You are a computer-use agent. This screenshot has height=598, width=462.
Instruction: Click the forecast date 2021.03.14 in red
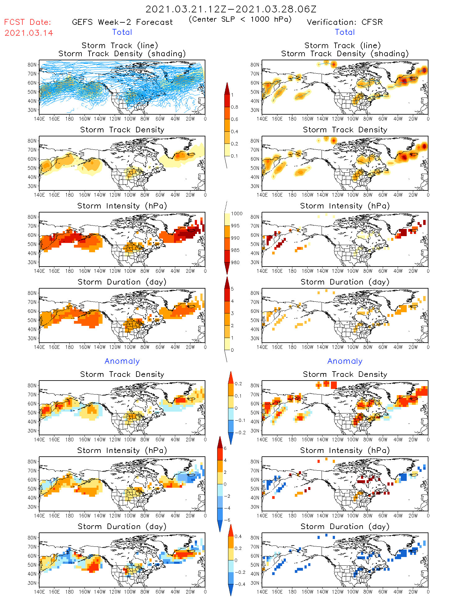[x=29, y=33]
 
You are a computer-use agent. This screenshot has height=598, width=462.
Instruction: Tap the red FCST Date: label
[x=27, y=22]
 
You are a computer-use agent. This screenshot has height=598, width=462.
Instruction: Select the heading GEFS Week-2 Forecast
[x=122, y=22]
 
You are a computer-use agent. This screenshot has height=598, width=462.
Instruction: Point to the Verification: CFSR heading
[x=345, y=22]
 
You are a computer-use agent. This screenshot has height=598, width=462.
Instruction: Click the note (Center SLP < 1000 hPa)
[x=240, y=19]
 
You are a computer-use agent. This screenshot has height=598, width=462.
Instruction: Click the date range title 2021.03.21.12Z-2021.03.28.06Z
[x=231, y=9]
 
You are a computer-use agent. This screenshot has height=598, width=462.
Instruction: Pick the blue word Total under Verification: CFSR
[x=345, y=32]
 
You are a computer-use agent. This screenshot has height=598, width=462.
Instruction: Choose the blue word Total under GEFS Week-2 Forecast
[x=122, y=32]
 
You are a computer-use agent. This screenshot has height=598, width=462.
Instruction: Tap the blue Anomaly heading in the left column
[x=122, y=361]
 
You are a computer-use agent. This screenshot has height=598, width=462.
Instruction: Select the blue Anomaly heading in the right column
[x=345, y=361]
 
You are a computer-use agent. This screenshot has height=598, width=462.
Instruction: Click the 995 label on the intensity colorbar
[x=235, y=226]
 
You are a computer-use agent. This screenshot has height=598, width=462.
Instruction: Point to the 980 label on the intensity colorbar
[x=235, y=262]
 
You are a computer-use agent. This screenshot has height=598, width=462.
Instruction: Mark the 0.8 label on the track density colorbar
[x=235, y=107]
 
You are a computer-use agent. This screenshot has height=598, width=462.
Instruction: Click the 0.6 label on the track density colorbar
[x=235, y=119]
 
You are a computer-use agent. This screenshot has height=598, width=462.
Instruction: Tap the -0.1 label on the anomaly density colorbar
[x=240, y=420]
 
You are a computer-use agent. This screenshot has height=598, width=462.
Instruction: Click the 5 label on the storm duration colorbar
[x=232, y=289]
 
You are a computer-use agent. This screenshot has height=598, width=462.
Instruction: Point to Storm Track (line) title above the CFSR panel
[x=342, y=45]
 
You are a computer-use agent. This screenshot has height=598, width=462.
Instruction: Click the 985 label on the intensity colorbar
[x=235, y=250]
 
